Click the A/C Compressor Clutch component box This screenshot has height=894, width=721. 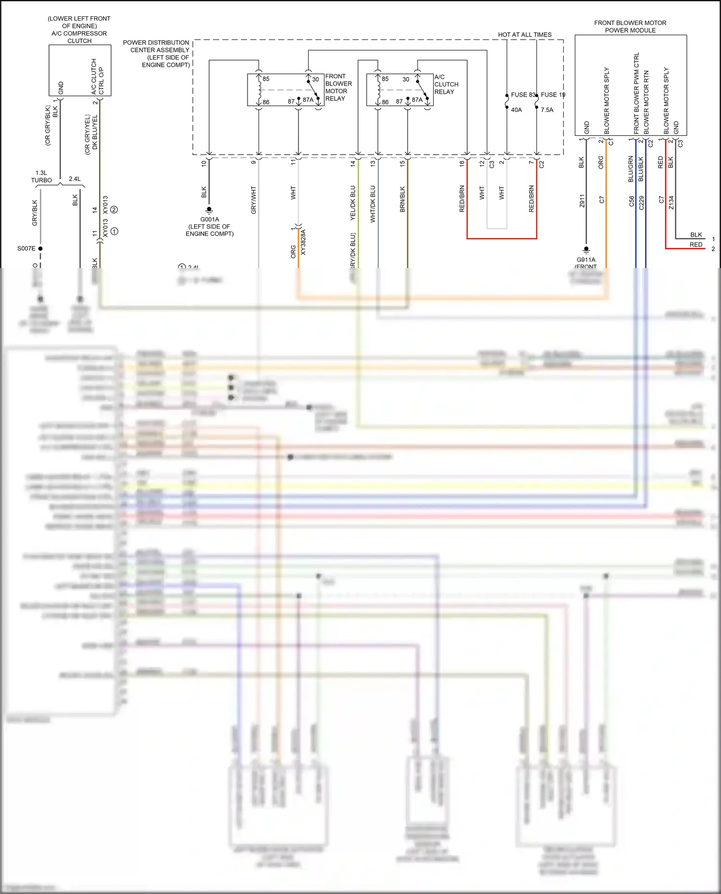pos(80,70)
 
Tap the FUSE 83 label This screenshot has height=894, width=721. pos(522,95)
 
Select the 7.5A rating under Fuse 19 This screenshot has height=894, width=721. pos(547,110)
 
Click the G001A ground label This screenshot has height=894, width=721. pos(210,220)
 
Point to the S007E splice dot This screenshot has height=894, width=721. pos(40,248)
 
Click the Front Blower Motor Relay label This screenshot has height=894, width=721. pos(338,87)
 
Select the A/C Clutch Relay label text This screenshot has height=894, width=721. pos(446,84)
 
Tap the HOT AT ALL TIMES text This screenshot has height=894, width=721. pos(524,35)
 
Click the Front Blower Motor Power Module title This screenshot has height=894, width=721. pos(630,26)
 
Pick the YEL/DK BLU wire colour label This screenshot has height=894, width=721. pos(353,203)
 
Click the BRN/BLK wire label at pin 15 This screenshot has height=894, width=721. pos(402,199)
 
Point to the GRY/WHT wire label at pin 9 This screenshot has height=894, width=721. pos(253,200)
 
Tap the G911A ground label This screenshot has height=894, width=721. pos(586,259)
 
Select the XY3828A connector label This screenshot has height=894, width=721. pos(303,243)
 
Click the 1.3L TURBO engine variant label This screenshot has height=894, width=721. pos(41,176)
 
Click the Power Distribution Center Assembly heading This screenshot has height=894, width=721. pos(157,53)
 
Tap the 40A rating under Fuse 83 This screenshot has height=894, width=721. pos(516,110)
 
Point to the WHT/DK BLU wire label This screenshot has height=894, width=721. pos(373,204)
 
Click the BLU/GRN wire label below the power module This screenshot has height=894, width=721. pos(631,169)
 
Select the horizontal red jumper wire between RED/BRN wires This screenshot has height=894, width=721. pos(501,238)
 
